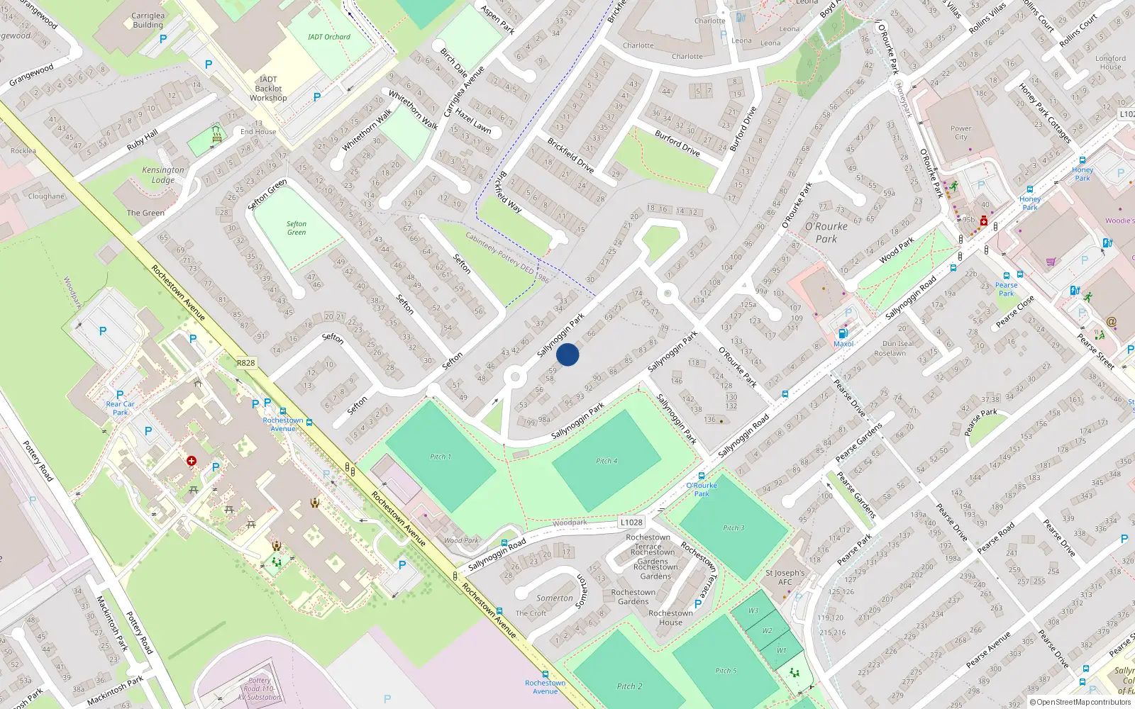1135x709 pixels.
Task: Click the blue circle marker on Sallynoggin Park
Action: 567,354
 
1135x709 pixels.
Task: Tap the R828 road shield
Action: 245,363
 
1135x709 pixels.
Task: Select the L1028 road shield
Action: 631,523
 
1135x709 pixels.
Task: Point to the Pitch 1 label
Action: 441,457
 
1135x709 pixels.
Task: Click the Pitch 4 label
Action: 607,461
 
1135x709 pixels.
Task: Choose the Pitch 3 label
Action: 733,528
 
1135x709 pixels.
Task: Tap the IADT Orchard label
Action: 329,37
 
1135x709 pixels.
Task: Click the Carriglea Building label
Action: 148,20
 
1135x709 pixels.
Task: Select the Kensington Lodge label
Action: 163,174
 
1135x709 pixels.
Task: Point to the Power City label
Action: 960,133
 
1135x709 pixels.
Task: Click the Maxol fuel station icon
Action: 843,333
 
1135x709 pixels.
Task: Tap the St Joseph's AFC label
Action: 785,577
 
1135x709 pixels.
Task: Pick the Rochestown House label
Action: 670,618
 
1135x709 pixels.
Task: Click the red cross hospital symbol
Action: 192,461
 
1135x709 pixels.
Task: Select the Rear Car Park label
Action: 121,408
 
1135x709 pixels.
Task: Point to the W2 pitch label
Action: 768,630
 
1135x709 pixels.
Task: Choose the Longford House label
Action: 1110,62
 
